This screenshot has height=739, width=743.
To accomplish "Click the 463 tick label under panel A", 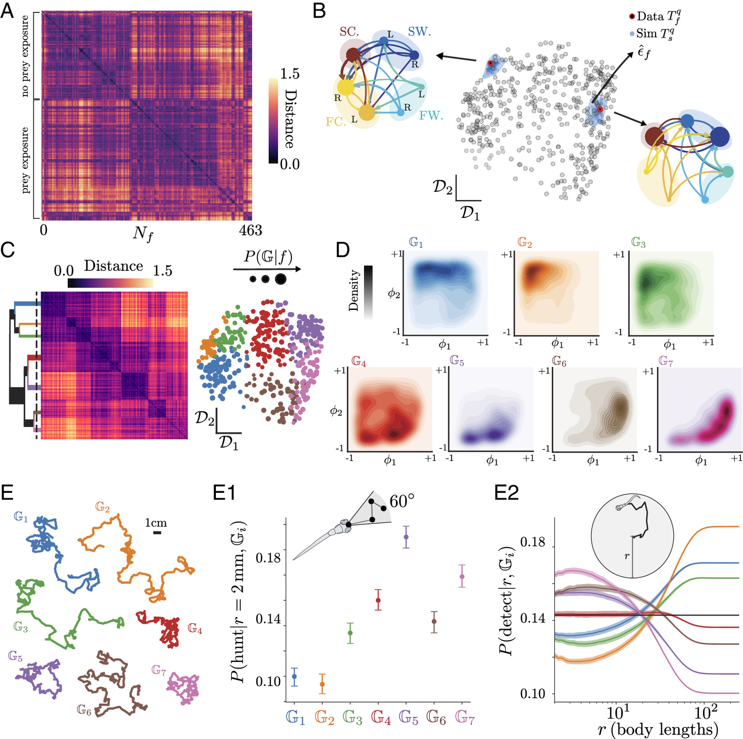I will [x=250, y=230].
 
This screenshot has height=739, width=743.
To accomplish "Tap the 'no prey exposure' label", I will [x=25, y=56].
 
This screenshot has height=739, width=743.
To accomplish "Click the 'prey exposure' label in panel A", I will [x=25, y=160].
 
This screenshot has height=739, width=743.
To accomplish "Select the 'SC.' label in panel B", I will [x=349, y=31].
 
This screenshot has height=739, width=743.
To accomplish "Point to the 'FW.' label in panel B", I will [x=431, y=116].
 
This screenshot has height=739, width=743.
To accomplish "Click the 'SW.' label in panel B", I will [x=419, y=31].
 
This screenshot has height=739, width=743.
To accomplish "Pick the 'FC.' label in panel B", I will [x=336, y=121].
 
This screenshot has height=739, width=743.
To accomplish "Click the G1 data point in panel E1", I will [x=294, y=676].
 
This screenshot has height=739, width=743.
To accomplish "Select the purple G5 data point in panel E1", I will [x=406, y=537].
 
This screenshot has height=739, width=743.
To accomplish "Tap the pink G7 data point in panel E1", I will [x=462, y=576].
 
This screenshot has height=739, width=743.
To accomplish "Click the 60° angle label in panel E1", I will [x=402, y=501].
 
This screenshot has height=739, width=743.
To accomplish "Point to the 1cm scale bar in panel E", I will [x=157, y=532].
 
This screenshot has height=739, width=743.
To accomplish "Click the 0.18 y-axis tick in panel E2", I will [x=532, y=542].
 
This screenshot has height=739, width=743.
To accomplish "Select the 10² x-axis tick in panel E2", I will [x=705, y=713].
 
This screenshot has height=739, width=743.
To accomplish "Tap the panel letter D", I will [x=343, y=250].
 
